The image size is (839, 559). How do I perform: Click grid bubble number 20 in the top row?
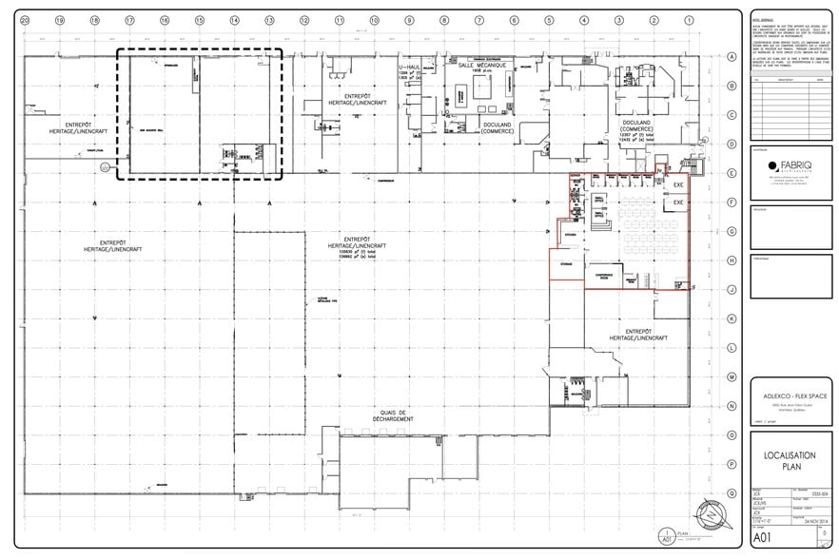point(24,20)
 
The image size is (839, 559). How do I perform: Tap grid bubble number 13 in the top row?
point(269,20)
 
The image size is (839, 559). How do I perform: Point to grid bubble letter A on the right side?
point(732,57)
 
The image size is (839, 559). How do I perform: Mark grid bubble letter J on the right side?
point(732,290)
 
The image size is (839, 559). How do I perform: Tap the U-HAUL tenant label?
point(409,68)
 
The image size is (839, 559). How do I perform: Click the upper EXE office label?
point(678,184)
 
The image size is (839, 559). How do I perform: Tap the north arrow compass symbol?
point(711,516)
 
